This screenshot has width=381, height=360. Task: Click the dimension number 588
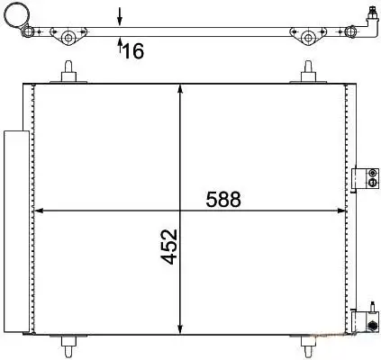coord(223,199)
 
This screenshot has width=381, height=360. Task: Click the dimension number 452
coord(168,247)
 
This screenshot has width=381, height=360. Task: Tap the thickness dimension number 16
coord(133,50)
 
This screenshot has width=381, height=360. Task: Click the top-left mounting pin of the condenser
coord(68,72)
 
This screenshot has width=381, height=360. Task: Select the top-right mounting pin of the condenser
coord(308,72)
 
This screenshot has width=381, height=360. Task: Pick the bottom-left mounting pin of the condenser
coord(68,346)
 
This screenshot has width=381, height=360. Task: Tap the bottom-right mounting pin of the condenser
coord(308,346)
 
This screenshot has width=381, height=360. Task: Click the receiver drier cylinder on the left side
coord(16,231)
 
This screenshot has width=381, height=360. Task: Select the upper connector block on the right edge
coord(365,177)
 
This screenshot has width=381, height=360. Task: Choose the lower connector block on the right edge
coord(365,321)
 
